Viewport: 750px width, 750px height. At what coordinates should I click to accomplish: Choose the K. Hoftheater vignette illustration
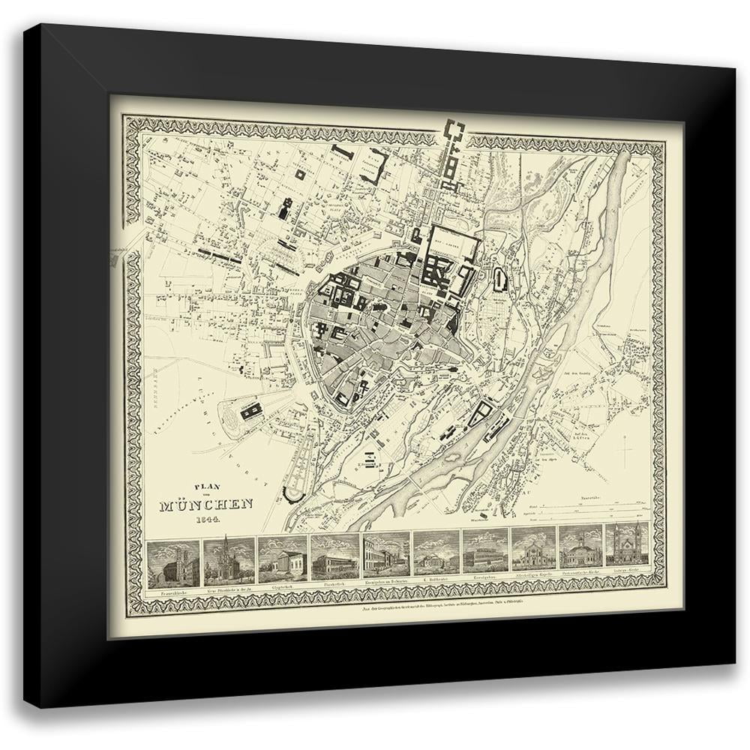[x=436, y=562]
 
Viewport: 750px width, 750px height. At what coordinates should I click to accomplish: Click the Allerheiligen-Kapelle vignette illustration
[x=533, y=562]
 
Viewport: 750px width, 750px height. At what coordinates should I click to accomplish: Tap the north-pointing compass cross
[x=625, y=449]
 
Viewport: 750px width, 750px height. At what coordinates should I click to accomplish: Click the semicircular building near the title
[x=290, y=495]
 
